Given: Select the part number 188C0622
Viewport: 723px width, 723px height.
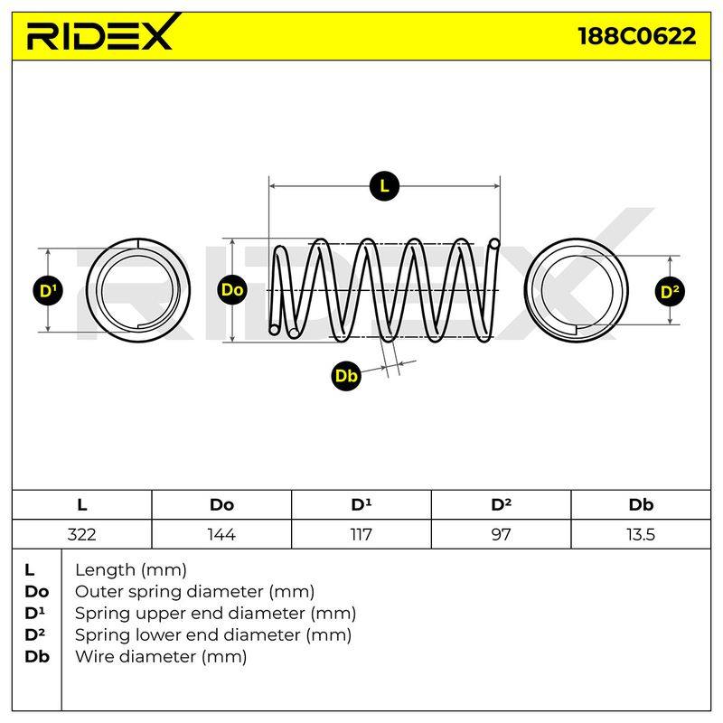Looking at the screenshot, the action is tap(637, 36).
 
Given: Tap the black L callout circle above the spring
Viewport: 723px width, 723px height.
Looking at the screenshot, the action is tap(384, 186).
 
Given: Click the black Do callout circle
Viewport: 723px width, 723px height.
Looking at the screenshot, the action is tap(232, 290).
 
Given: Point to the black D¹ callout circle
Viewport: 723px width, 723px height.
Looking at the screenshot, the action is tap(48, 291).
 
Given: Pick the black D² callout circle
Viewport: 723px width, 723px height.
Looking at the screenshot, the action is tap(670, 291).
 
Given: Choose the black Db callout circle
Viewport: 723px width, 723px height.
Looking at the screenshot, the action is tap(346, 376).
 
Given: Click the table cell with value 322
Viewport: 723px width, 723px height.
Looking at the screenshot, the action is tap(81, 534).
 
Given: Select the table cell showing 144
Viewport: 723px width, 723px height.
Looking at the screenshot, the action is tap(221, 534).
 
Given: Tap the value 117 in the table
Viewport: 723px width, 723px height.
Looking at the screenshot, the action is tap(361, 534).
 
